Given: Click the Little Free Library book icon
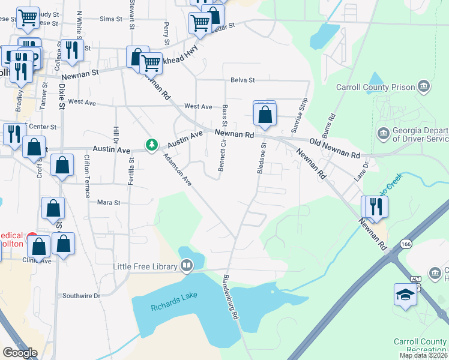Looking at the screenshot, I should coord(187,265).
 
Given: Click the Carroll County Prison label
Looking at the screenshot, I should coord(376,87).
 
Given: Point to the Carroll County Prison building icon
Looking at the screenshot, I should coord(424,86).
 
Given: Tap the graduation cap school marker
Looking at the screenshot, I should coord(406,295).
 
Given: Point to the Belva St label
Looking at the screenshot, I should coord(243,80).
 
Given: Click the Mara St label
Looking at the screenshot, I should coord(109,203).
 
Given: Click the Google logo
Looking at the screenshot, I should coord(20,353).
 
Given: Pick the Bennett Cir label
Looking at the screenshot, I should coord(222,155).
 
